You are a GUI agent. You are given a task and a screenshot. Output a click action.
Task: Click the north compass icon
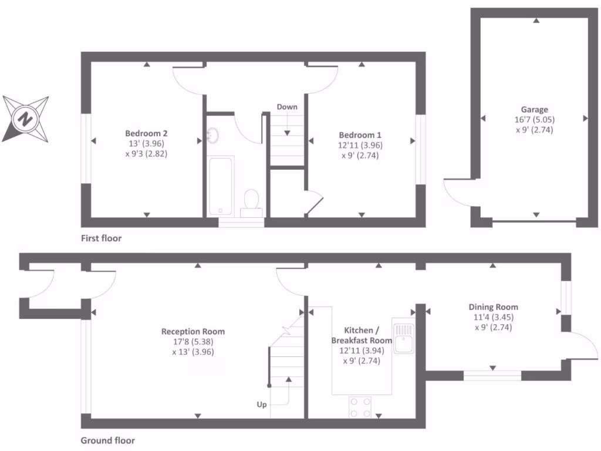pos(25,119)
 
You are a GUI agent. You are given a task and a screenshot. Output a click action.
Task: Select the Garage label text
pos(534,109)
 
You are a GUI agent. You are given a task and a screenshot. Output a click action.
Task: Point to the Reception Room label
pos(193,331)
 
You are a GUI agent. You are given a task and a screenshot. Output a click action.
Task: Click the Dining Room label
pos(493,307)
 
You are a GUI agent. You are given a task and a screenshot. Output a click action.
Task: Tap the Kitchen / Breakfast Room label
pos(361,335)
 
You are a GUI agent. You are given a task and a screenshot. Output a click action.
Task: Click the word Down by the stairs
pos(287,107)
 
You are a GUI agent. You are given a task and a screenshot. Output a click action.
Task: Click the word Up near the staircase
pos(262,405)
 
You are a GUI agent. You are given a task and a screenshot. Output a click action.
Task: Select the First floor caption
pos(101,238)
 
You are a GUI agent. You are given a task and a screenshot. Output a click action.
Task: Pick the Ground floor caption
pos(107,440)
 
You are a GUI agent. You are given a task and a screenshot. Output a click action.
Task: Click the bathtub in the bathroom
pos(221,186)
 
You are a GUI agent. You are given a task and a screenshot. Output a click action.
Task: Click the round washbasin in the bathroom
pos(212,136)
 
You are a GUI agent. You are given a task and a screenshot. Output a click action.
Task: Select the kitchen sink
pos(404,337)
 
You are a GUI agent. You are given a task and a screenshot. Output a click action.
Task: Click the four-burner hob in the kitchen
pos(360,407)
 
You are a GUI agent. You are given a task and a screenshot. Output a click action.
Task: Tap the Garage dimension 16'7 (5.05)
pos(534,120)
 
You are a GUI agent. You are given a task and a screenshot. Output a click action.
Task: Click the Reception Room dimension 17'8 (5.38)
pos(193,342)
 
